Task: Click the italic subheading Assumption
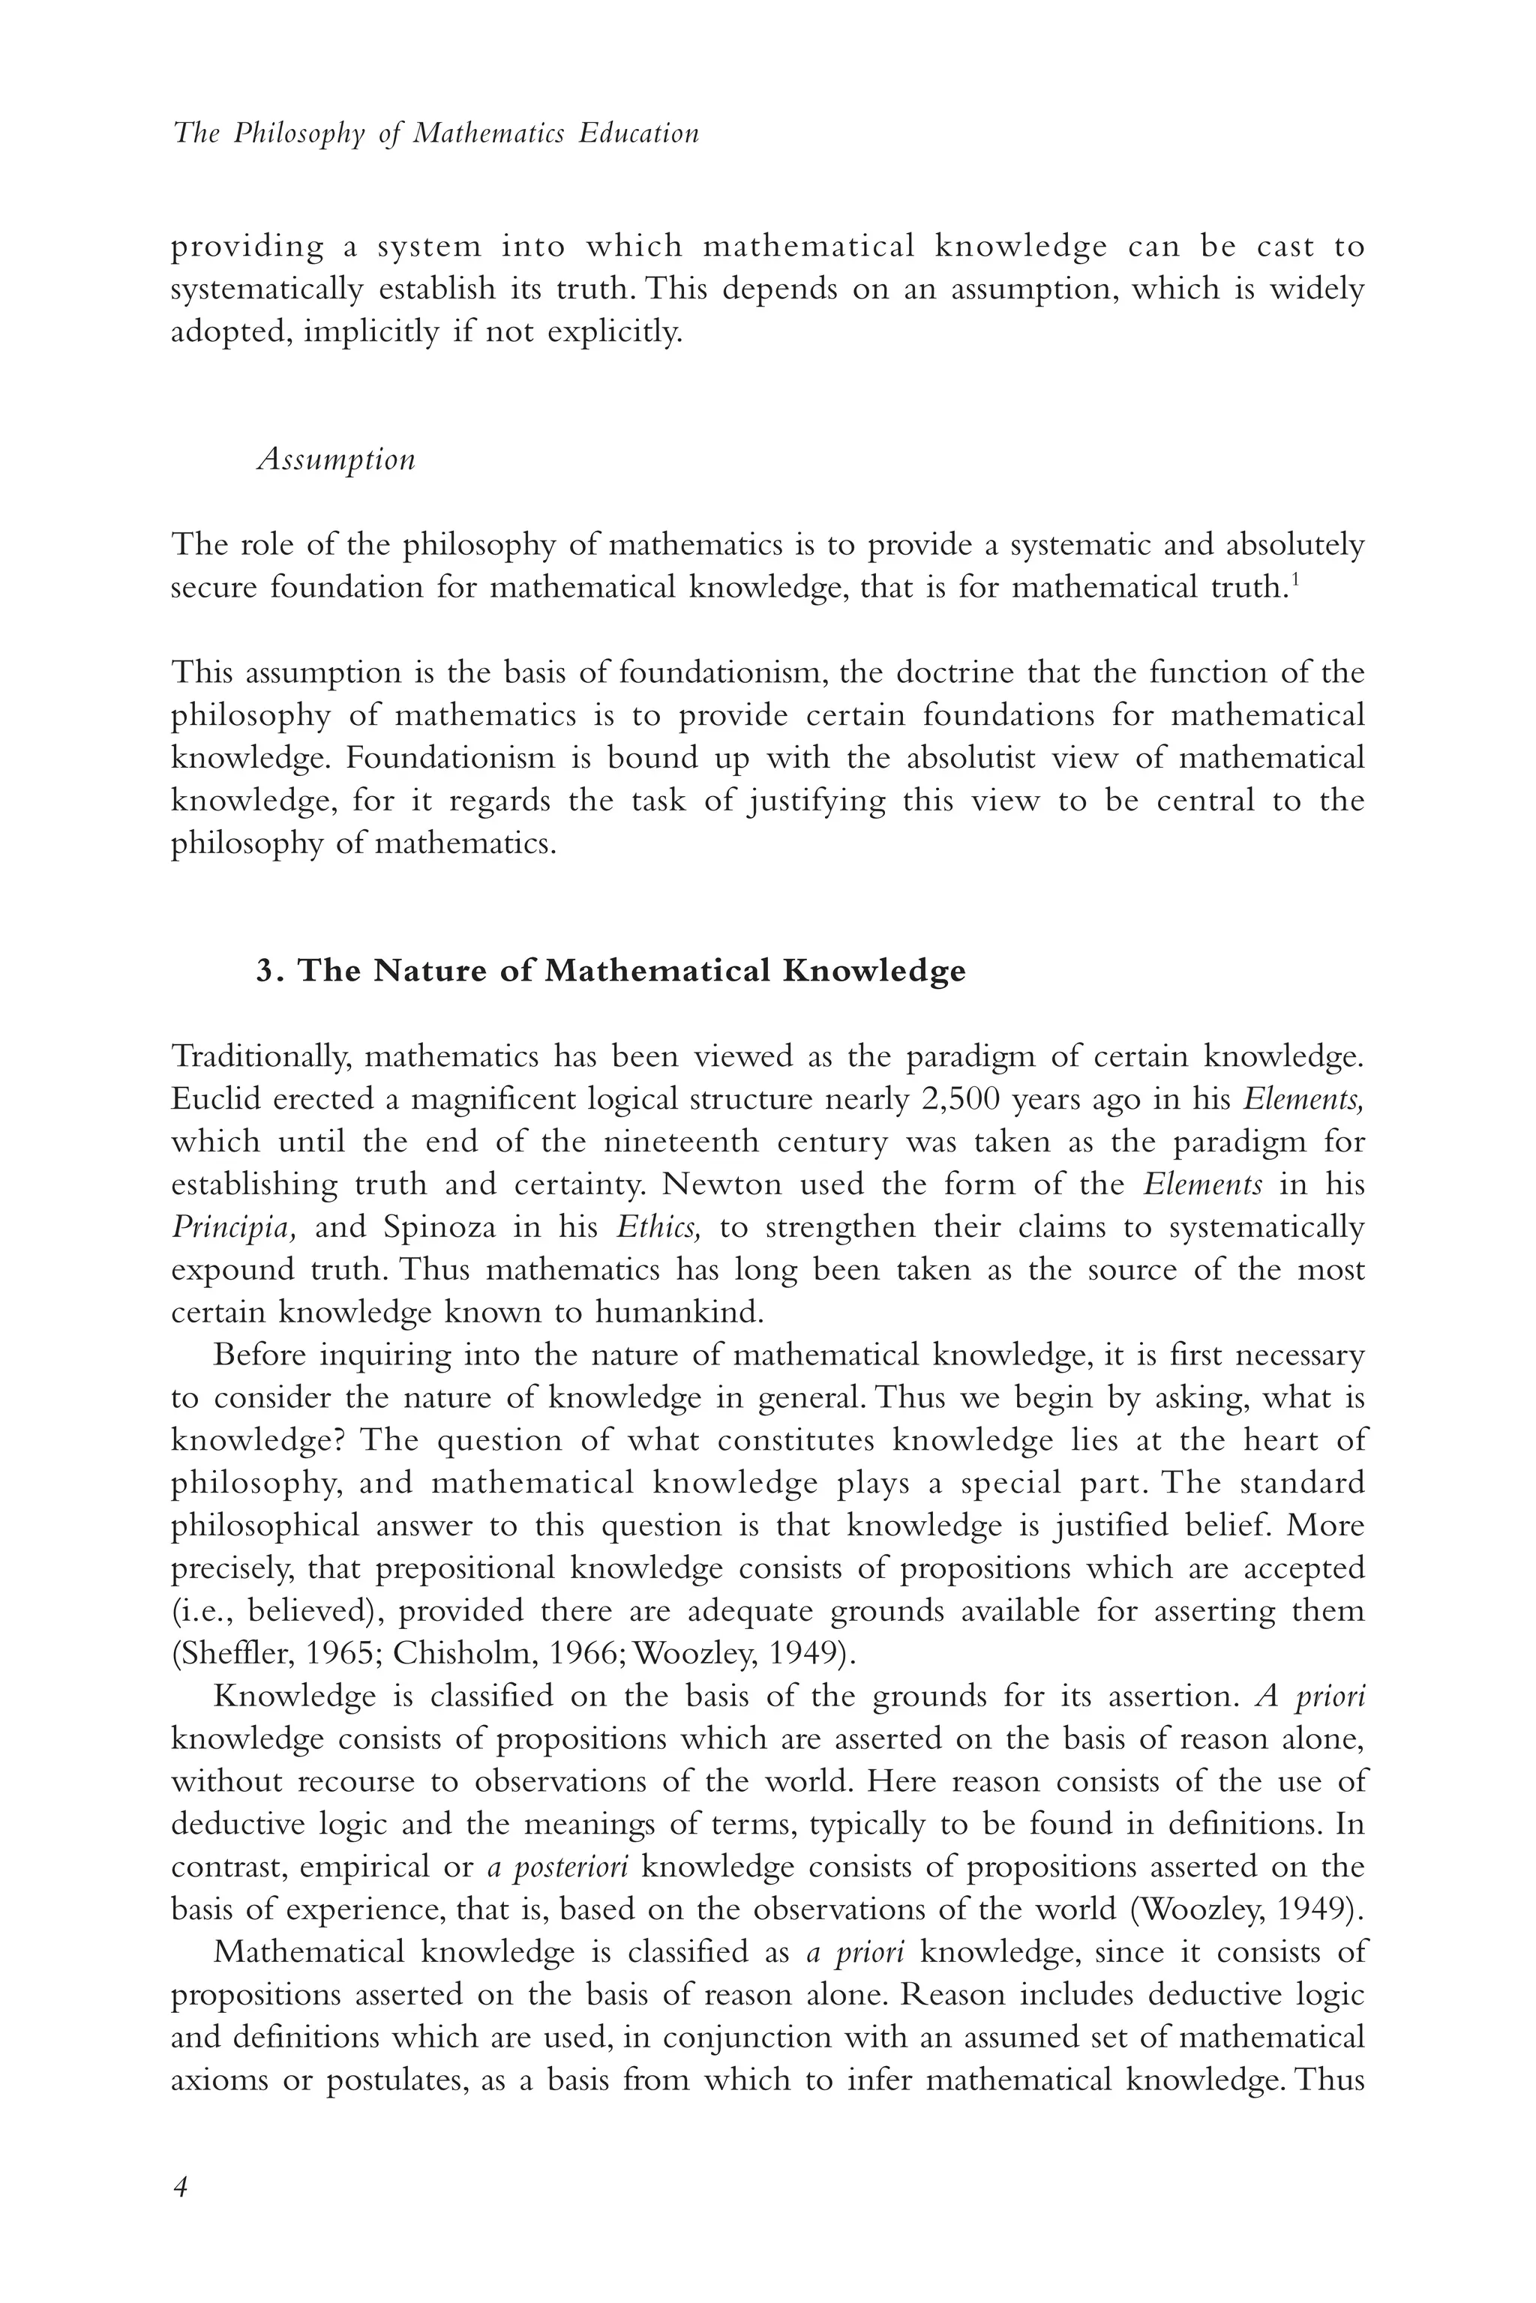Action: pos(336,460)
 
